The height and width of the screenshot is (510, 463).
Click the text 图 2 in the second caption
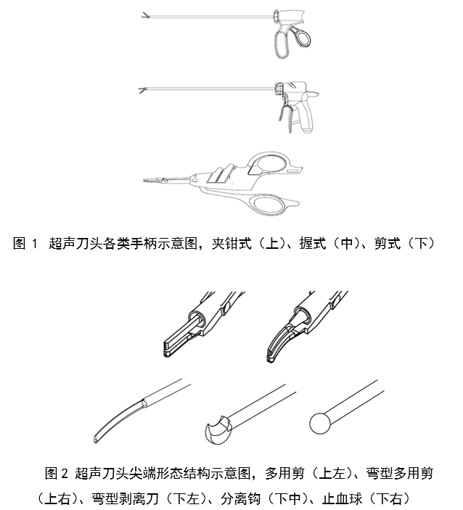pyautogui.click(x=57, y=474)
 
